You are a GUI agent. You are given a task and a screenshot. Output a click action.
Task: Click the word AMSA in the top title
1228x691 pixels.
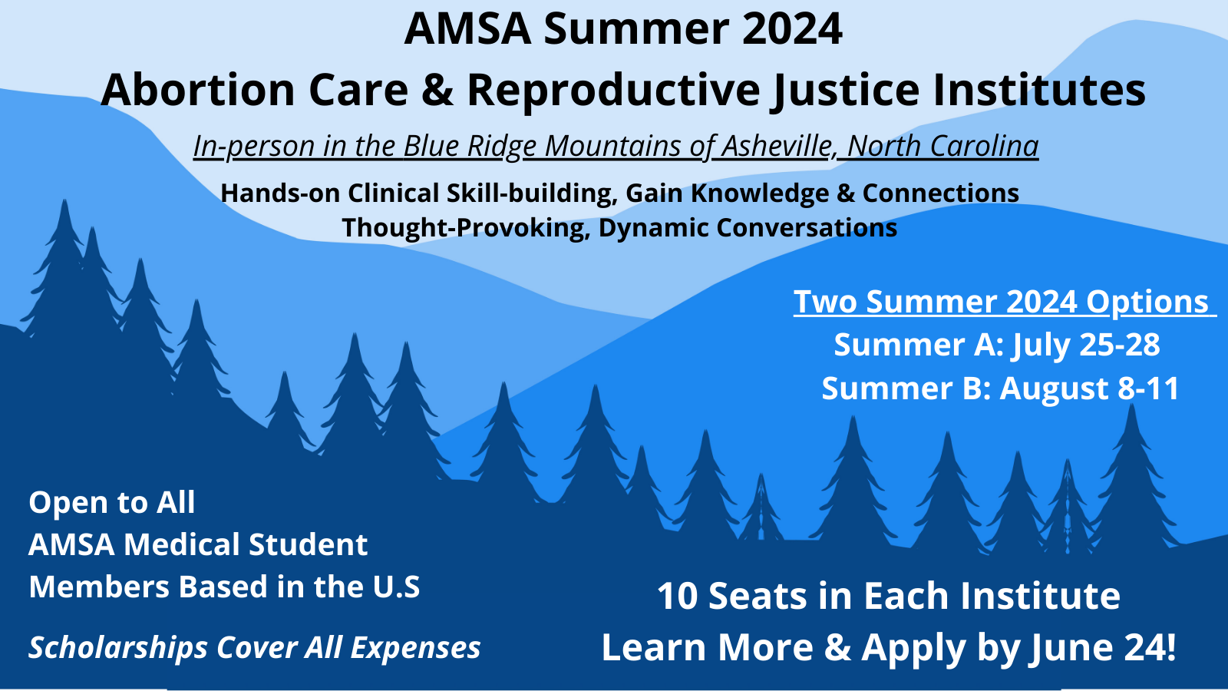pyautogui.click(x=467, y=29)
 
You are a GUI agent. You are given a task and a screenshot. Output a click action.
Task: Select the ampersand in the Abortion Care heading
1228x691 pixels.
pyautogui.click(x=437, y=90)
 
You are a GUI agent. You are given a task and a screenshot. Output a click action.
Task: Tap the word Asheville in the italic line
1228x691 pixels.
pyautogui.click(x=777, y=146)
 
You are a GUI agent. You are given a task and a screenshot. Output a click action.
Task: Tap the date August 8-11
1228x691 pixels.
pyautogui.click(x=1089, y=388)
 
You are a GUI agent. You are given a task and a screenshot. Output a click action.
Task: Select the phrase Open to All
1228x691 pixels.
pyautogui.click(x=112, y=503)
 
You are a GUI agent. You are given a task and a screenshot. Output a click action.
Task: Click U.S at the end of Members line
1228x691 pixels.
pyautogui.click(x=396, y=587)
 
